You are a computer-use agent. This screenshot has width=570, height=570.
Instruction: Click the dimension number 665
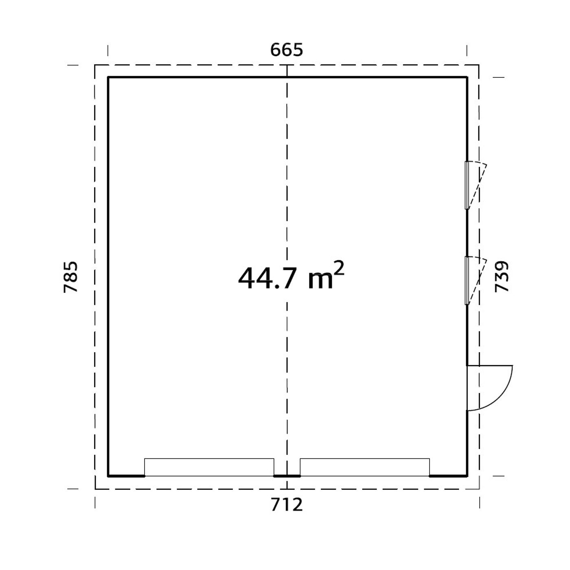click(x=286, y=50)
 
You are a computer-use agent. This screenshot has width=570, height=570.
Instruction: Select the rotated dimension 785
click(x=71, y=277)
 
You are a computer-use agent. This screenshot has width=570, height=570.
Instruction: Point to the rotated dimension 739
click(x=502, y=276)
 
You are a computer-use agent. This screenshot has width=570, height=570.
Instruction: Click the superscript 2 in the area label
click(x=339, y=267)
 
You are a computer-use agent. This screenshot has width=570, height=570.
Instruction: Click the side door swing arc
click(x=504, y=396)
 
